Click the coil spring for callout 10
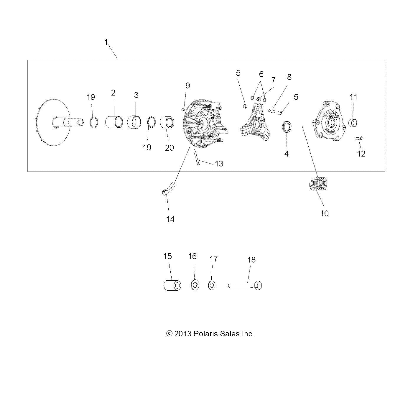318,184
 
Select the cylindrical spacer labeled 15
172,285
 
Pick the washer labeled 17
211,285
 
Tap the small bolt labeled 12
359,138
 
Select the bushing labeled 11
353,123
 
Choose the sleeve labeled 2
114,122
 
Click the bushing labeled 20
167,123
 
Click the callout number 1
106,42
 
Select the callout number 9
188,86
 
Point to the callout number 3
136,95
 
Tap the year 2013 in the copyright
183,334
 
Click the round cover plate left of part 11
329,121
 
